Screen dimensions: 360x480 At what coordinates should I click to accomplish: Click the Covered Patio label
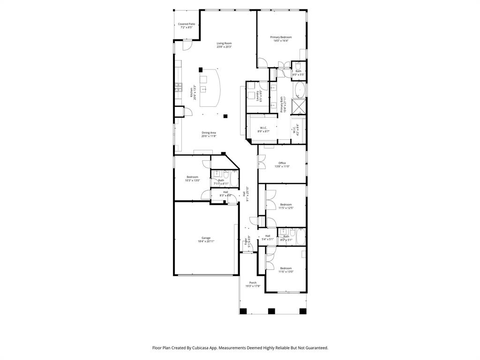(x=187, y=24)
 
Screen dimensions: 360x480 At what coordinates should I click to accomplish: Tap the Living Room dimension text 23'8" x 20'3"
(x=224, y=47)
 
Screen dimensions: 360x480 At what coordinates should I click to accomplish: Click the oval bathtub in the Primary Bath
(x=299, y=90)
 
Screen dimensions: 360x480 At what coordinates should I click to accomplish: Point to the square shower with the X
(x=299, y=106)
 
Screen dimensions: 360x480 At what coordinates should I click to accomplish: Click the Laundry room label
(x=258, y=96)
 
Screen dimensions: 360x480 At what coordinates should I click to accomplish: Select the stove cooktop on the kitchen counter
(x=178, y=86)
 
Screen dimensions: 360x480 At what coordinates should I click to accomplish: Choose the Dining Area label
(x=209, y=133)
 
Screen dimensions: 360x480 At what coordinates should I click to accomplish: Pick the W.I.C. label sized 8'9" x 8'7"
(x=263, y=128)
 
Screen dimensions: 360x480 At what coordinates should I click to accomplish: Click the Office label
(x=282, y=163)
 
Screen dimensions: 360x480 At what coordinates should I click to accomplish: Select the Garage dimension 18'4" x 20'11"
(x=206, y=241)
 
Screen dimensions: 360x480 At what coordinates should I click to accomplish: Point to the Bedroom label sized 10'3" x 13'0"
(x=192, y=177)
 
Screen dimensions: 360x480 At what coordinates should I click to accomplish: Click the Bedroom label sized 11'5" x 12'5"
(x=286, y=204)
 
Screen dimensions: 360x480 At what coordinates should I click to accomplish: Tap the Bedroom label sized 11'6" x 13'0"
(x=286, y=268)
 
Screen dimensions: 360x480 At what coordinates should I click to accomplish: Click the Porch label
(x=253, y=283)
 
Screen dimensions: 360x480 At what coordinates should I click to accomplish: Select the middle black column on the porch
(x=271, y=310)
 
